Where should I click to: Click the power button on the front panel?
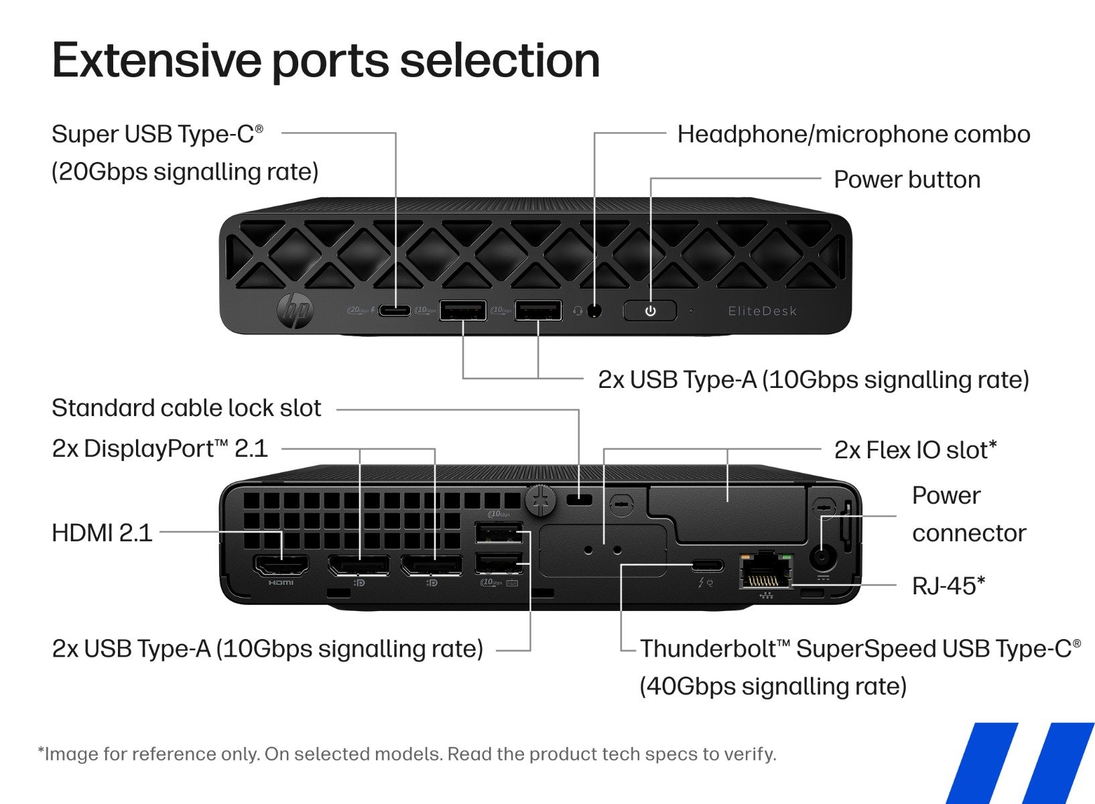(x=650, y=311)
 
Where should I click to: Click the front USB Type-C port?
(x=395, y=310)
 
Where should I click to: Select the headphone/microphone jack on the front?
(x=594, y=311)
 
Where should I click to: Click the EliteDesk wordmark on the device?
(x=763, y=311)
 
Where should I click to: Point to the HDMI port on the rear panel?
(x=281, y=566)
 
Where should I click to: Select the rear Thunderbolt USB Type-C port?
(x=708, y=565)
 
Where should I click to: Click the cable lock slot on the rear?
(x=579, y=500)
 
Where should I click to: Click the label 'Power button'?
(x=907, y=180)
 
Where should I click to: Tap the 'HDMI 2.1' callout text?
(x=102, y=533)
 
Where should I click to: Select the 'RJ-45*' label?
(x=948, y=586)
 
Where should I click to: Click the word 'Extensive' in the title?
(x=156, y=60)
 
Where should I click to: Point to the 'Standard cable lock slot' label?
(x=187, y=407)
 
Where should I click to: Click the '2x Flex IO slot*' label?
(x=915, y=450)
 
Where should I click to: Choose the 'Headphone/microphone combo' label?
(x=854, y=135)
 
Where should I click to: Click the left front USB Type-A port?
(x=463, y=310)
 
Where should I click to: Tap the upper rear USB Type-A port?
(x=499, y=532)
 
